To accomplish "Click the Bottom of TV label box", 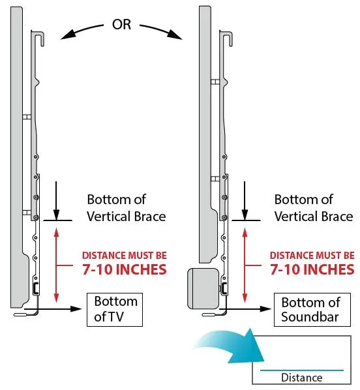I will pos(115,309).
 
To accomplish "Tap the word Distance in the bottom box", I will pos(301,378).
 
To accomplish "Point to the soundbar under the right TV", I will pos(202,288).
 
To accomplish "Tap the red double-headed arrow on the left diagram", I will pos(57,264).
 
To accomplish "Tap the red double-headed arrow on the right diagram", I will pos(245,264).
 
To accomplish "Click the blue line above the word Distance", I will pos(301,370).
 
